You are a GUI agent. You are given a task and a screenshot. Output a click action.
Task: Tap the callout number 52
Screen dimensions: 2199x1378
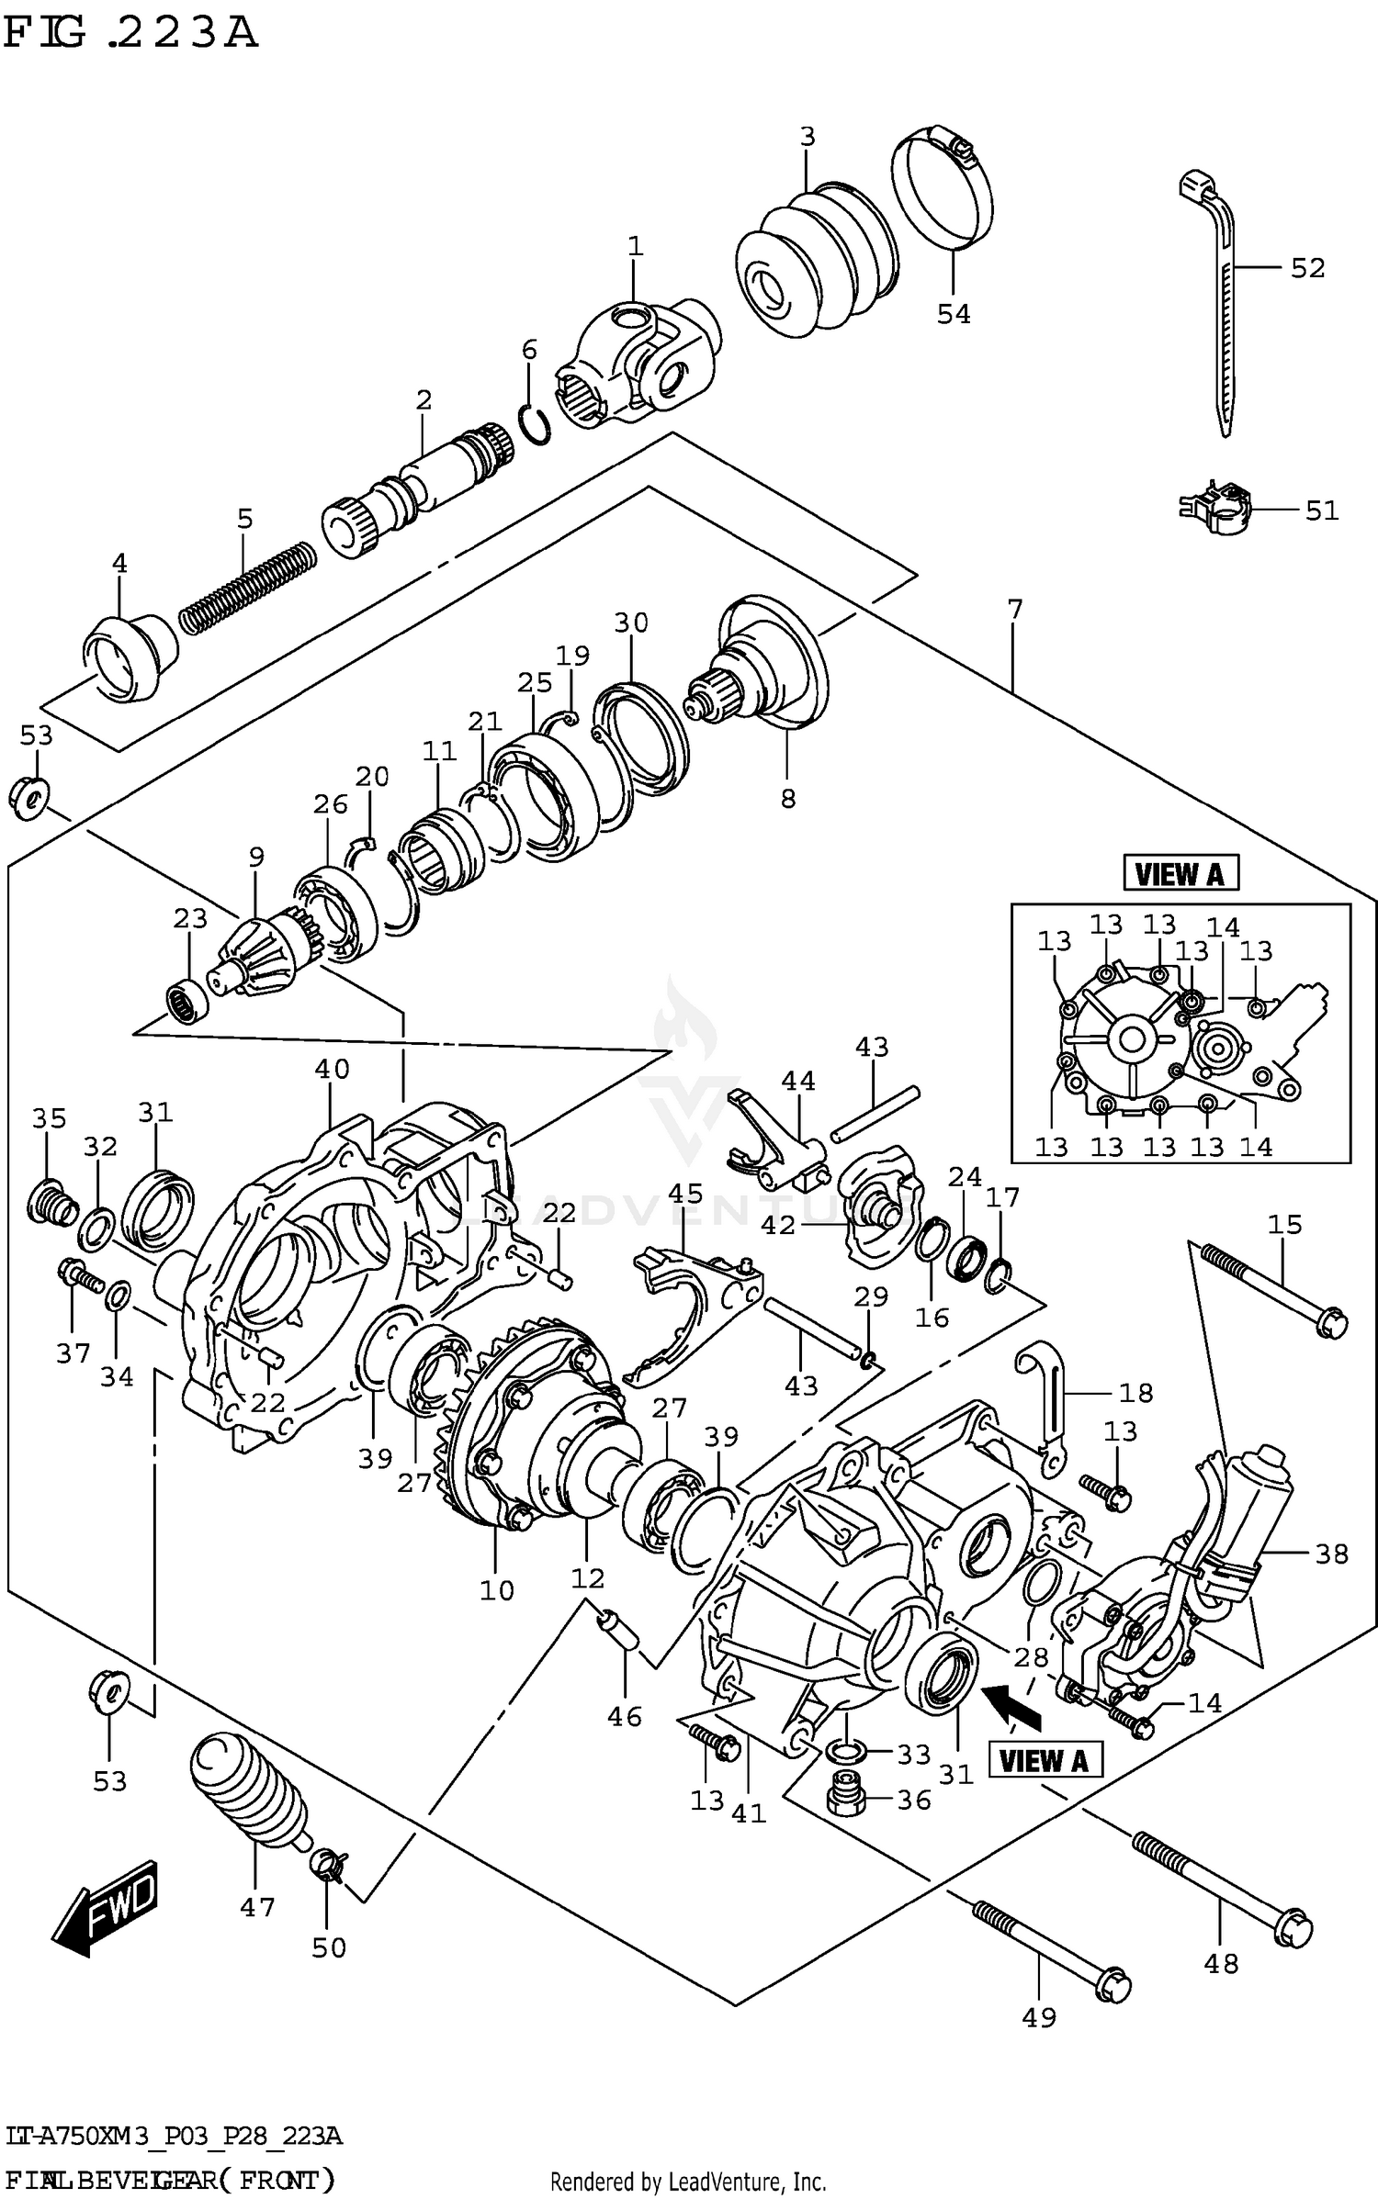click(1307, 268)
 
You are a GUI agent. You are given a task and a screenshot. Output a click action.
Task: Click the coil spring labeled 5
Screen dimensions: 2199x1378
click(246, 588)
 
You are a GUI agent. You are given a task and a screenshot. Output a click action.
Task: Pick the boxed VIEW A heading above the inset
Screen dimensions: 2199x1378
click(1180, 873)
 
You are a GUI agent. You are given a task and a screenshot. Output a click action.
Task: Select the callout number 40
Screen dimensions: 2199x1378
click(332, 1069)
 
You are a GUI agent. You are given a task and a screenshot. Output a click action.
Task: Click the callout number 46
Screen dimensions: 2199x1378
click(625, 1716)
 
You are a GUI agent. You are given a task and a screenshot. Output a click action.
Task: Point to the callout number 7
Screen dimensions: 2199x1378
click(1014, 609)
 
